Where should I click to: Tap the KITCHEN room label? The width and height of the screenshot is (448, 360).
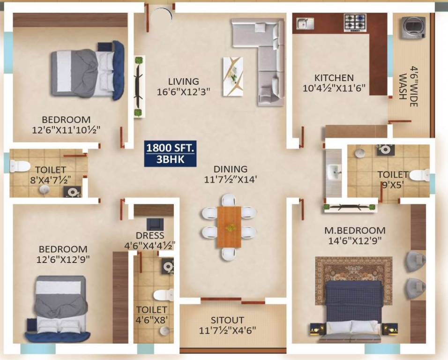coord(334,78)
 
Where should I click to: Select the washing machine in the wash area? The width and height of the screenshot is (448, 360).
coord(413,27)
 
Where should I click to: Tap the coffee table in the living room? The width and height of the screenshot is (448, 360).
coord(233,76)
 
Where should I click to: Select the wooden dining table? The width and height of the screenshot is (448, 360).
coord(229,227)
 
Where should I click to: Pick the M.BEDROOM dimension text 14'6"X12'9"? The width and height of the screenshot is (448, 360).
coord(355,241)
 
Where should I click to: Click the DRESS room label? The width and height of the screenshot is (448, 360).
coord(150,235)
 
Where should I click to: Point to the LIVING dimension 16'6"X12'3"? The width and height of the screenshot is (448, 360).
coord(183,92)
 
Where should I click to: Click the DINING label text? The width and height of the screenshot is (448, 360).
coord(230,169)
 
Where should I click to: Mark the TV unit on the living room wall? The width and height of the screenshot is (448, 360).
coord(139,87)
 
